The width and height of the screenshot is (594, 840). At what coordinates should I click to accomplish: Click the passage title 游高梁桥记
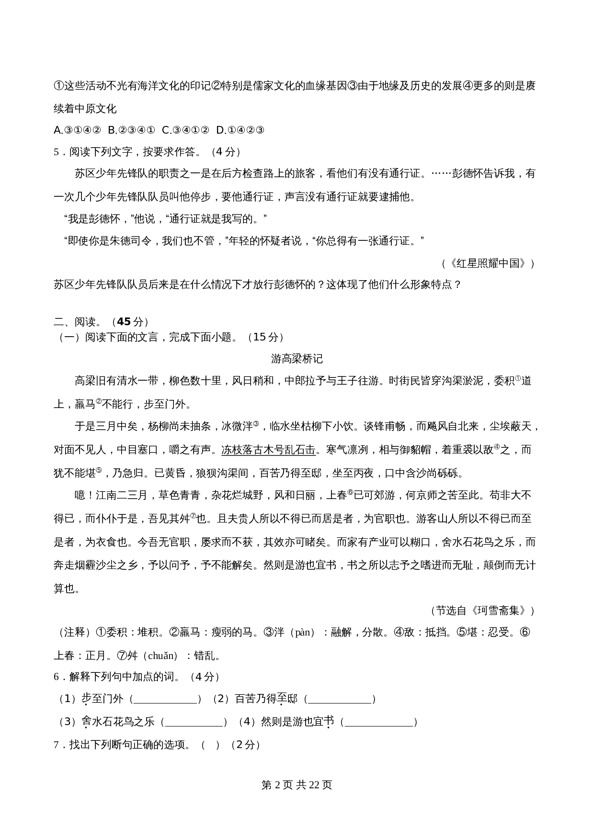point(297,359)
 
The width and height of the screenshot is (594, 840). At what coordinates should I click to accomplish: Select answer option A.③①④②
point(77,130)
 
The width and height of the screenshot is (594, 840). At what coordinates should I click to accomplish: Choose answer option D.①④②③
point(240,130)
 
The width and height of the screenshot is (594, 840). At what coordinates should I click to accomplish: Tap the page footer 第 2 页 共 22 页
point(297,785)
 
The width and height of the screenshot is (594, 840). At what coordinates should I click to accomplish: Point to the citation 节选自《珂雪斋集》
point(482,611)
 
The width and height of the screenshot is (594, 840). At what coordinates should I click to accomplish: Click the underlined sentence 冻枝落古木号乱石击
point(269,450)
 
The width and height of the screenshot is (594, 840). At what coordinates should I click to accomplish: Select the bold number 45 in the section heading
point(124,322)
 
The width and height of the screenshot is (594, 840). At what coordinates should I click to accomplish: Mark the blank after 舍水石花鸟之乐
point(194,723)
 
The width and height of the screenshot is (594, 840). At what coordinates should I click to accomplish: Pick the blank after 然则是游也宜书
point(380,723)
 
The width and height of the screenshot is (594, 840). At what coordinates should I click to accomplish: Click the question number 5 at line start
point(57,152)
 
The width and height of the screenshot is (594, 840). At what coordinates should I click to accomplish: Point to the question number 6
point(57,677)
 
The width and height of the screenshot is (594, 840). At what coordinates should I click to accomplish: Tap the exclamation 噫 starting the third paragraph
point(80,496)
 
